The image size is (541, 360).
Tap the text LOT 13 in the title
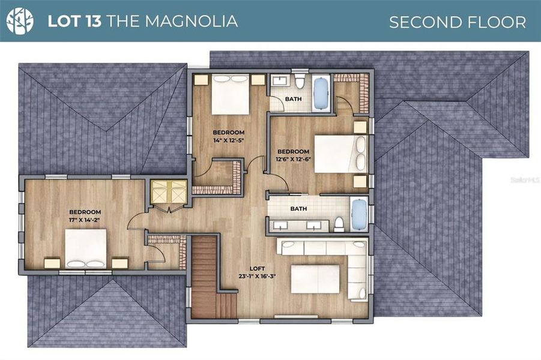click(x=74, y=22)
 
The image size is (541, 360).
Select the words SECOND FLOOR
click(x=457, y=22)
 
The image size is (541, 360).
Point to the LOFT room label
click(x=257, y=268)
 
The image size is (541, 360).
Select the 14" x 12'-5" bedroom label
click(x=228, y=140)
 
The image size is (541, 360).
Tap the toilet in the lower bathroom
click(x=339, y=224)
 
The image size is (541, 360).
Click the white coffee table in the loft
click(x=315, y=279)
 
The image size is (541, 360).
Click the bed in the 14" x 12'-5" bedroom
click(x=231, y=94)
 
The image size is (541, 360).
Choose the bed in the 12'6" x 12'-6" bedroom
click(x=336, y=154)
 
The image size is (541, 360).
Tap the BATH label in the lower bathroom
click(x=298, y=209)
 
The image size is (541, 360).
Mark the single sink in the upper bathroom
click(x=279, y=82)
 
